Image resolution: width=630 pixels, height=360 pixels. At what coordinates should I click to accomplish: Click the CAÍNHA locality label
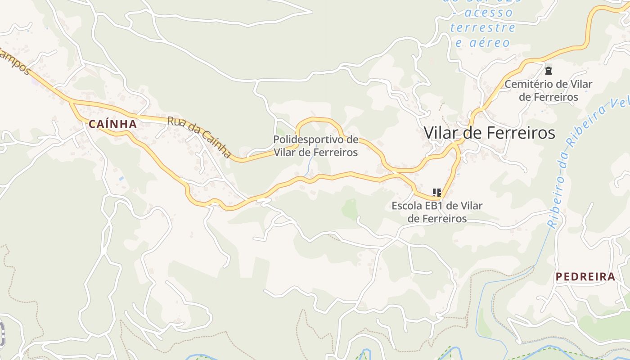coord(112,124)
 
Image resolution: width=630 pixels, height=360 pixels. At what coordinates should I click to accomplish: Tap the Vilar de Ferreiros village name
coord(489,133)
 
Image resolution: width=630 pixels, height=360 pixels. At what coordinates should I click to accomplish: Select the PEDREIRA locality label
coord(585,277)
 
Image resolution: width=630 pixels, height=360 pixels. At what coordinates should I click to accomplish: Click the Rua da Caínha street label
coord(199,137)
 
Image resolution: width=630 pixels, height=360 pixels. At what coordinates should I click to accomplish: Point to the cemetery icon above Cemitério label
coord(548,70)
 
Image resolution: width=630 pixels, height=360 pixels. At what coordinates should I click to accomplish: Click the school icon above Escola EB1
coord(436,193)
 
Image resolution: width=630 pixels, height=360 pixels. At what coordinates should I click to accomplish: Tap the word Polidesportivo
coord(315,139)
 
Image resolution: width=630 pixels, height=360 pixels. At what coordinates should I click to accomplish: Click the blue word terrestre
coord(482,27)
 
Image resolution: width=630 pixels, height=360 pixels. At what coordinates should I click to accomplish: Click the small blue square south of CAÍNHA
coord(121,179)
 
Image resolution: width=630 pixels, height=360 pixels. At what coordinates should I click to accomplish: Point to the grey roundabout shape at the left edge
coord(2,333)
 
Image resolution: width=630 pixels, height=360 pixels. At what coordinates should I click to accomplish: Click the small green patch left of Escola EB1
coord(350,209)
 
